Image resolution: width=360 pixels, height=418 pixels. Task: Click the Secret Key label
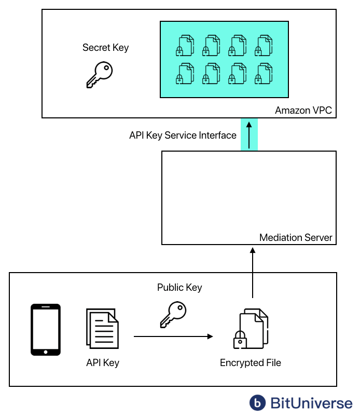click(x=105, y=48)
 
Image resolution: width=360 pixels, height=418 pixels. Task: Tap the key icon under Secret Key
click(x=99, y=74)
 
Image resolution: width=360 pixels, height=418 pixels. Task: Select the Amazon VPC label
click(x=303, y=110)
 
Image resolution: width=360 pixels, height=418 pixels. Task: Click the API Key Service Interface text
click(x=183, y=136)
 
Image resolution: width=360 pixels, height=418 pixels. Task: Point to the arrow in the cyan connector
click(x=249, y=134)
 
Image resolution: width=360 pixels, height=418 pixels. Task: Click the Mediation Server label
click(x=296, y=238)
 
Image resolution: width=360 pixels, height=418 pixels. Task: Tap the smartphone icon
click(x=46, y=330)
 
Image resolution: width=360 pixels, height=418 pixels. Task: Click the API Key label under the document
click(x=103, y=362)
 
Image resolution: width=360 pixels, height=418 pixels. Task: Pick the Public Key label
click(x=179, y=287)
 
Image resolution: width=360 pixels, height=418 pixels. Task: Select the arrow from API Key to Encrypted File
click(x=173, y=336)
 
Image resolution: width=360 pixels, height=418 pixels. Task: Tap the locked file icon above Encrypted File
click(x=251, y=329)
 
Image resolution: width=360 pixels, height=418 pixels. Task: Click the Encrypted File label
click(x=251, y=362)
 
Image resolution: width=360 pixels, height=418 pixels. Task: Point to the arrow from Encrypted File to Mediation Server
click(x=253, y=272)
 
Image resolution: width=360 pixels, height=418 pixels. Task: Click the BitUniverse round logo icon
click(x=257, y=402)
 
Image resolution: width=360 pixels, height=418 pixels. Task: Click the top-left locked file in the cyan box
click(x=185, y=45)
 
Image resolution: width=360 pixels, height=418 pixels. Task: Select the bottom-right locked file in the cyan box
click(x=264, y=73)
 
